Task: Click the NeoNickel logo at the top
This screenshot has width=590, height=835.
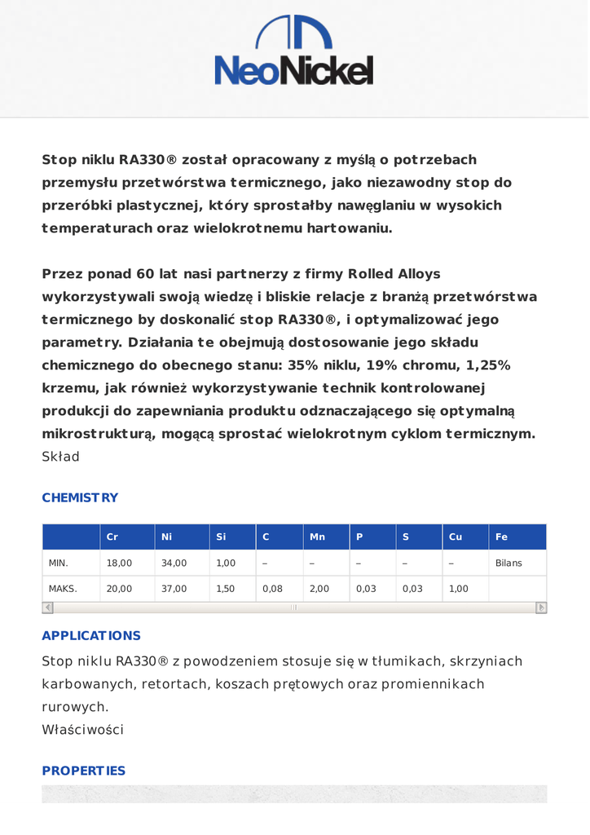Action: point(294,51)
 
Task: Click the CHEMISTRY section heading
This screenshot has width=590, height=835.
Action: point(80,497)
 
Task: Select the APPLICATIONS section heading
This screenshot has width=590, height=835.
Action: point(91,635)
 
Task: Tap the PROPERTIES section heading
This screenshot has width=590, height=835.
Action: point(84,771)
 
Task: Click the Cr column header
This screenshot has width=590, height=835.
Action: point(112,537)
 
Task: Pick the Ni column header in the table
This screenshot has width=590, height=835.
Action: point(167,537)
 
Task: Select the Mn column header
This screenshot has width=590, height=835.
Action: point(317,537)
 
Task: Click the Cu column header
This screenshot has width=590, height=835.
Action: point(456,537)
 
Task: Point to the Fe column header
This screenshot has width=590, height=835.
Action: point(501,537)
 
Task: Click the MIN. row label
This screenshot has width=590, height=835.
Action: point(59,563)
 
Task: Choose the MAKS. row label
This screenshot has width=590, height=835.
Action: point(63,588)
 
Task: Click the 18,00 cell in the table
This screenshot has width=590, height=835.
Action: point(119,563)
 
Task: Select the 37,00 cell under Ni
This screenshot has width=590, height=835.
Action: point(174,588)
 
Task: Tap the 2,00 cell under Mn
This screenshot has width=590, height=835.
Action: point(319,588)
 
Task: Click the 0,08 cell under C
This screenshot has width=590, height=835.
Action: point(272,588)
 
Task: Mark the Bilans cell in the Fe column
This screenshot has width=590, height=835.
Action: point(509,563)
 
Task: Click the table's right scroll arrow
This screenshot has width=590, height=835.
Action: point(541,607)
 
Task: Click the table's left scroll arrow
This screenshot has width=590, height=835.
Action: point(47,607)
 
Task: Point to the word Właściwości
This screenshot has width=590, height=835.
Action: point(82,730)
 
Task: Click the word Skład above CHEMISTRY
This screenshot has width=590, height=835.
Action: point(60,457)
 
